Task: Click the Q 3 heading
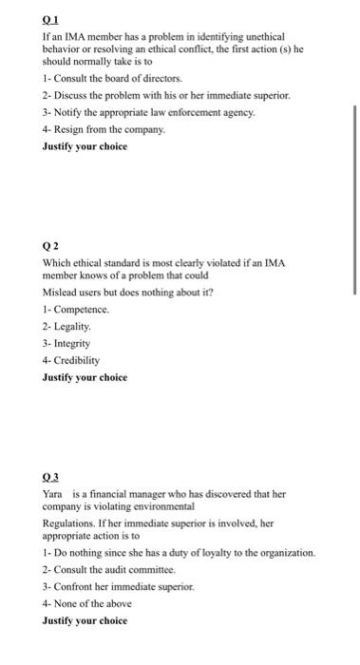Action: [x=50, y=478]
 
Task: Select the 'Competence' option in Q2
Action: [x=77, y=310]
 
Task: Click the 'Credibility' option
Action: [x=77, y=360]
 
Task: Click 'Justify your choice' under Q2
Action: [x=84, y=377]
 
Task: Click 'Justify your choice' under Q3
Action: [x=84, y=622]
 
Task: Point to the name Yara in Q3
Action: [x=52, y=494]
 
